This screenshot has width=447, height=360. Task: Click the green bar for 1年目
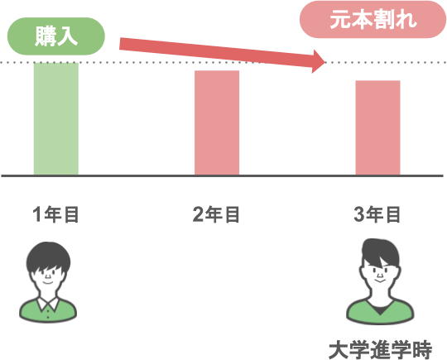tap(56, 118)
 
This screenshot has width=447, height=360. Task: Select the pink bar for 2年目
tap(217, 122)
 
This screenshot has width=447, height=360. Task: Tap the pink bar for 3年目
tap(377, 127)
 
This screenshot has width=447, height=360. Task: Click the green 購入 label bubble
tap(56, 36)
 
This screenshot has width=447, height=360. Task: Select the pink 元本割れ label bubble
tap(372, 19)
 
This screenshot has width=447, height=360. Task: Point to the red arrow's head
tap(319, 61)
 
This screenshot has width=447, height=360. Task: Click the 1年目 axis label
tap(55, 214)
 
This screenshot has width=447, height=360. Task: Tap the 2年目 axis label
tap(216, 214)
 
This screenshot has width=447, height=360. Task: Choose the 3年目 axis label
tap(377, 214)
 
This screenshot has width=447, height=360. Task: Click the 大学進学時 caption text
tap(380, 349)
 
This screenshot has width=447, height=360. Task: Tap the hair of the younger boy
tap(48, 257)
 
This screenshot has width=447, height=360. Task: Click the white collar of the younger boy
tap(48, 304)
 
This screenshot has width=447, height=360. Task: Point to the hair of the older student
tap(380, 252)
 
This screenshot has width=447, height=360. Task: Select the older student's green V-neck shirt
tap(380, 314)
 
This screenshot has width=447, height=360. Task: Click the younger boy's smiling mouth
tap(48, 283)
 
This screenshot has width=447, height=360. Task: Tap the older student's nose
tap(380, 275)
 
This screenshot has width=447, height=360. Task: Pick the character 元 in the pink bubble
tap(340, 19)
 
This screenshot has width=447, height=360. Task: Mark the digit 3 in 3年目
tap(359, 214)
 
